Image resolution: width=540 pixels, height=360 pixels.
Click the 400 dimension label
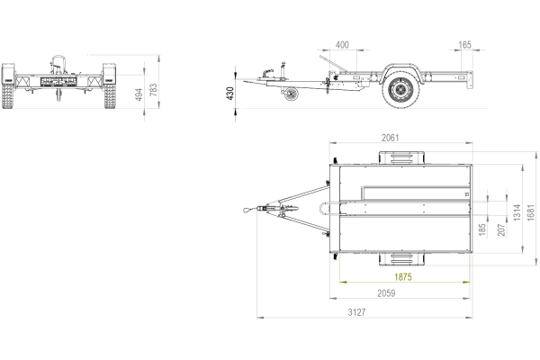(x=342, y=45)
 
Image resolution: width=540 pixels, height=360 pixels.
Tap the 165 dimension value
(x=464, y=45)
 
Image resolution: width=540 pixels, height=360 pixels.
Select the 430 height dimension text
(x=230, y=94)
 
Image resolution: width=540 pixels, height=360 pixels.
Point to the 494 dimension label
(x=139, y=94)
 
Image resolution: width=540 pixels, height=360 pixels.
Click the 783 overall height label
(x=153, y=90)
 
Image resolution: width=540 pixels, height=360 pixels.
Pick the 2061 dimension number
(x=391, y=138)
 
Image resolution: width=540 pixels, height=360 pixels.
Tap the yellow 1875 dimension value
(x=403, y=277)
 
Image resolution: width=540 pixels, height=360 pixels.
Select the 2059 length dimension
(x=386, y=293)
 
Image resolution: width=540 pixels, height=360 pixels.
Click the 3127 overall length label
(x=356, y=312)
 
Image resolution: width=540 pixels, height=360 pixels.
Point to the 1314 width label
(x=517, y=212)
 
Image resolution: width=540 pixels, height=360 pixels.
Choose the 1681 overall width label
(x=531, y=212)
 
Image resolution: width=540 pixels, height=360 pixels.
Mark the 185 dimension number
(x=482, y=229)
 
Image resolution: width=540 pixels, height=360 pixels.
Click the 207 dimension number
(x=501, y=229)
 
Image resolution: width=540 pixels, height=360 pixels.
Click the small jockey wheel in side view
(x=292, y=94)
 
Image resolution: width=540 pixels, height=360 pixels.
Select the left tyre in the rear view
(x=8, y=95)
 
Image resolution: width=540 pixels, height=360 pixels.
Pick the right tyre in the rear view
(x=110, y=95)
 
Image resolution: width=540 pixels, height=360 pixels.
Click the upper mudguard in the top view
(x=401, y=157)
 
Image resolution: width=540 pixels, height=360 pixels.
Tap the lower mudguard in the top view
(x=401, y=259)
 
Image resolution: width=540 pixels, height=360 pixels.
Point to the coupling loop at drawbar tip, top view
(x=247, y=209)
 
